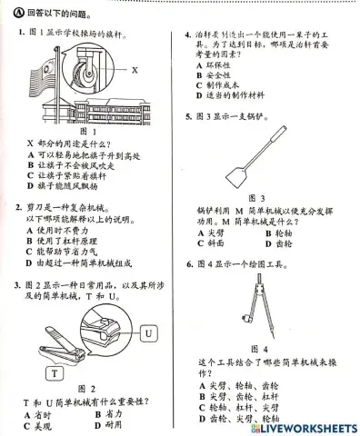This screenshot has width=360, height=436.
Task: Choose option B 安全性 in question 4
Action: pos(218,74)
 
